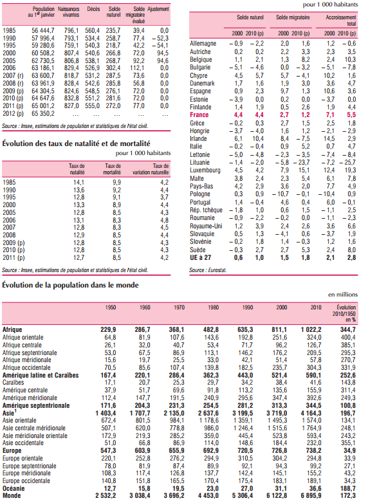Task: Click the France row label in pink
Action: pyautogui.click(x=199, y=115)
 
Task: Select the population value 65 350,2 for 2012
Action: pyautogui.click(x=43, y=114)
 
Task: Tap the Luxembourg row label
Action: pyautogui.click(x=205, y=170)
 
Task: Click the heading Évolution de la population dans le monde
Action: pyautogui.click(x=70, y=285)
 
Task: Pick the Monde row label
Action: pyautogui.click(x=12, y=496)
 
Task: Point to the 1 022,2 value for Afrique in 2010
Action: pyautogui.click(x=311, y=329)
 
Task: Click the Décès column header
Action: pyautogui.click(x=93, y=9)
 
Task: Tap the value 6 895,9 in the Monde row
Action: pyautogui.click(x=311, y=496)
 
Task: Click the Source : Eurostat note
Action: pyautogui.click(x=208, y=270)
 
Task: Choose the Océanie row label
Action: pyautogui.click(x=14, y=488)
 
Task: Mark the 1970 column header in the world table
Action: pyautogui.click(x=179, y=307)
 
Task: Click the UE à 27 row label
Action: pyautogui.click(x=200, y=257)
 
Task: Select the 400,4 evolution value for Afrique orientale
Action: pyautogui.click(x=348, y=337)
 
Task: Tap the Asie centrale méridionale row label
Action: pyautogui.click(x=34, y=428)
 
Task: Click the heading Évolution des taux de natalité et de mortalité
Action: pyautogui.click(x=76, y=143)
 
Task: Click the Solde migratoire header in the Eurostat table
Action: pyautogui.click(x=293, y=17)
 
